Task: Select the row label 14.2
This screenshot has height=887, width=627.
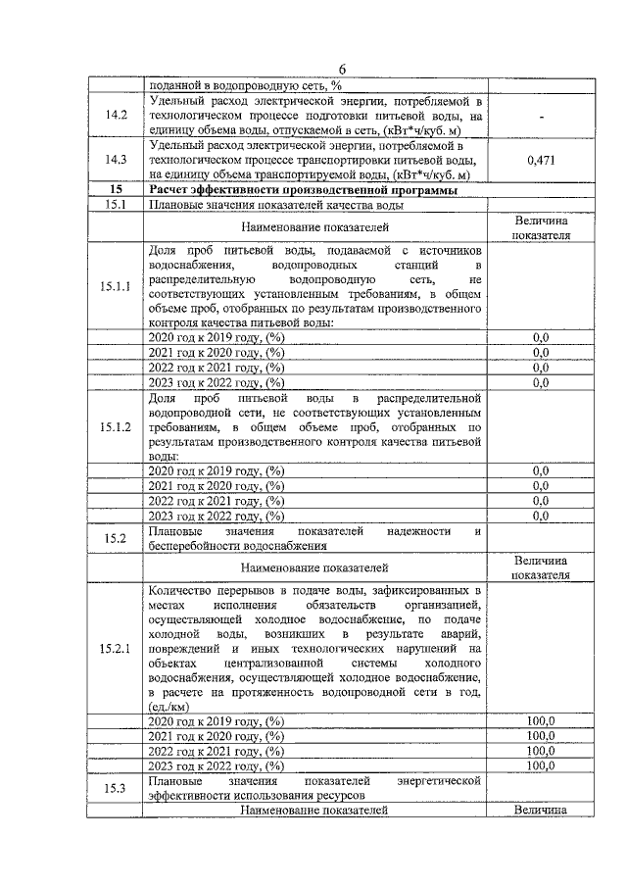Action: [x=117, y=116]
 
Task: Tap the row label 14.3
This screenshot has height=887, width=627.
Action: [x=117, y=159]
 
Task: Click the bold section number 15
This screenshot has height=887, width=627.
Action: [x=117, y=189]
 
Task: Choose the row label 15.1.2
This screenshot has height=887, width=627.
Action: [x=117, y=427]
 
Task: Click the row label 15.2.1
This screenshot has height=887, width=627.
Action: [x=117, y=649]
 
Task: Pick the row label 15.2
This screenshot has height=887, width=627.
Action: [x=117, y=538]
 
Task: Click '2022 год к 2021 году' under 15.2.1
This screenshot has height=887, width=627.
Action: [x=215, y=751]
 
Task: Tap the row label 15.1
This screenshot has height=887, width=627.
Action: [x=117, y=205]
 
